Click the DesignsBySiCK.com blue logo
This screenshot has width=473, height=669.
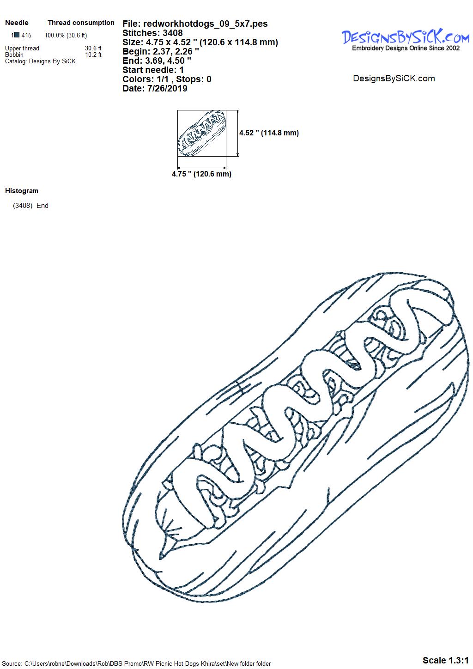tap(406, 37)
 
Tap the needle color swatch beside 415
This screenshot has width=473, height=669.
tap(17, 35)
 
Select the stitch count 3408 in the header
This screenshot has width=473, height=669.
tap(173, 33)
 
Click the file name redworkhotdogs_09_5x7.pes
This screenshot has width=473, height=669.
tap(206, 24)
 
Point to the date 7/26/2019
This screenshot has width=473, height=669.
tap(167, 88)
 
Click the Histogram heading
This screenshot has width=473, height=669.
tap(22, 191)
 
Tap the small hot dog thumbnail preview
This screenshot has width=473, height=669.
tap(202, 133)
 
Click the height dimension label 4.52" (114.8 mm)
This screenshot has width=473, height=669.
tap(269, 133)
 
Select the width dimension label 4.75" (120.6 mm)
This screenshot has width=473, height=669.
tap(201, 174)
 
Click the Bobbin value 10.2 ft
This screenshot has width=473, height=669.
tap(93, 55)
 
